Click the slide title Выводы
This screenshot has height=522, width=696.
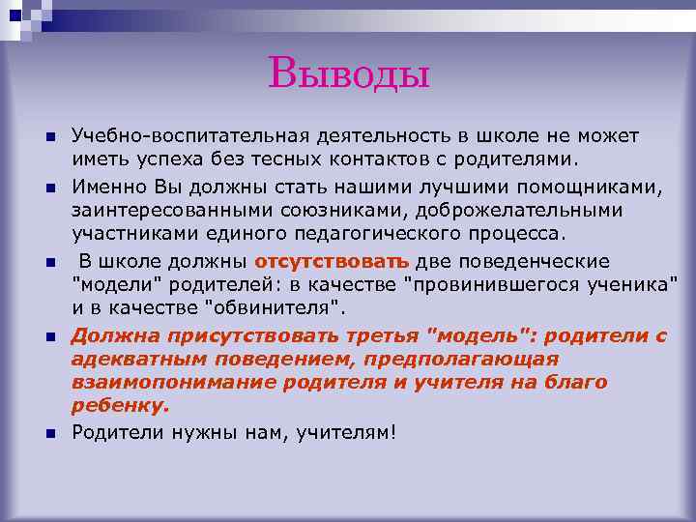[x=348, y=72]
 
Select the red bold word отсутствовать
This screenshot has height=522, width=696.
[x=332, y=261]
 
